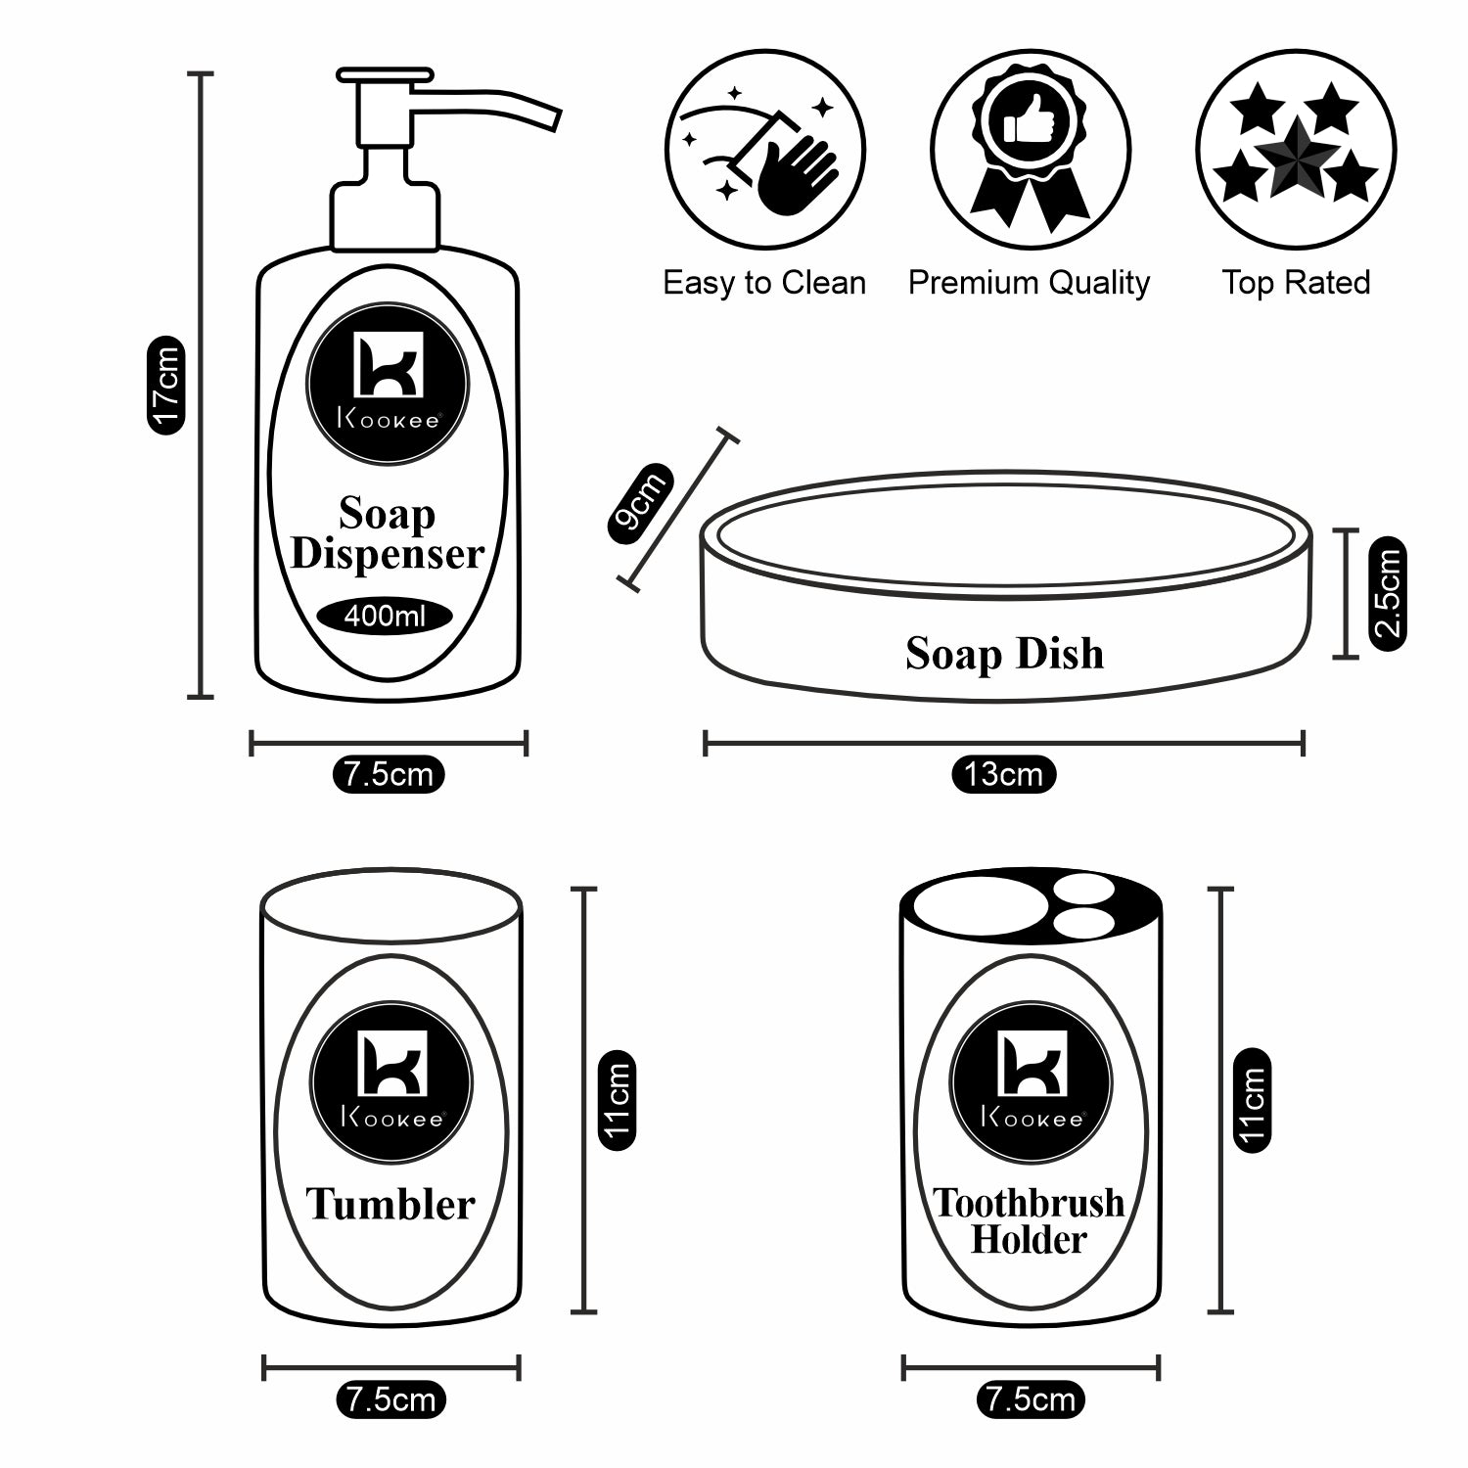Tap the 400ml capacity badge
coord(385,617)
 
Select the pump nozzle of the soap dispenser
coord(489,103)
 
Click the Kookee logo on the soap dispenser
coord(388,383)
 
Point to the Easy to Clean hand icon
coord(765,151)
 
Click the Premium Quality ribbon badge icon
coord(1030,151)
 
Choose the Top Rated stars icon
coord(1296,151)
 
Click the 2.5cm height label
coord(1388,593)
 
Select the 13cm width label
coord(1003,775)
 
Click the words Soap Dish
coord(1004,654)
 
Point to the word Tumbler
coord(390,1204)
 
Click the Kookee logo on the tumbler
coord(390,1082)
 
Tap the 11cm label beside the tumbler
coord(617,1100)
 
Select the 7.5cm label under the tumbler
coord(390,1399)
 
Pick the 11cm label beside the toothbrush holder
coord(1252,1100)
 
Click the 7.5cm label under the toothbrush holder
coord(1031,1399)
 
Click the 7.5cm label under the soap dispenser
coord(389,775)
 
